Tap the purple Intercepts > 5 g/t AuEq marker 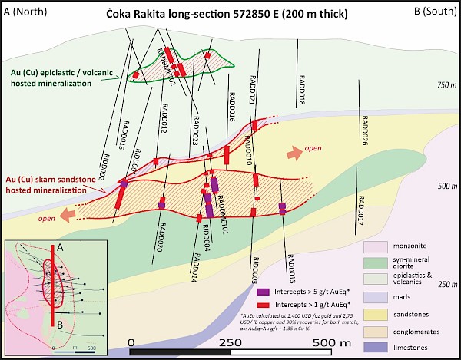261,292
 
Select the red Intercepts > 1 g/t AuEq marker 261,306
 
